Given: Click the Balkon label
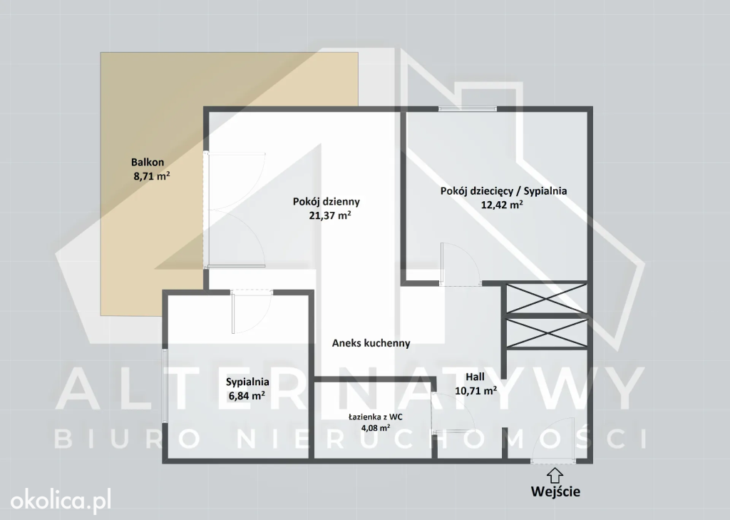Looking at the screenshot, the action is pyautogui.click(x=148, y=162).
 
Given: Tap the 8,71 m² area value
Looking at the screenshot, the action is pyautogui.click(x=152, y=176).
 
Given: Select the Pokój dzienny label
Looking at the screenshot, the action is pyautogui.click(x=327, y=202).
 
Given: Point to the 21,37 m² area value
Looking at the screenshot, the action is pyautogui.click(x=329, y=215).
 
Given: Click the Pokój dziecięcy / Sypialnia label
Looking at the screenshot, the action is pyautogui.click(x=504, y=191).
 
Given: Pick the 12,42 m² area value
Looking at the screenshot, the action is pyautogui.click(x=501, y=205).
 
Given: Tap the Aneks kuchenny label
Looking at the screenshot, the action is pyautogui.click(x=371, y=343).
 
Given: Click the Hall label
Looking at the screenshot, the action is pyautogui.click(x=475, y=377).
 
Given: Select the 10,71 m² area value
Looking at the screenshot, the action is pyautogui.click(x=475, y=390).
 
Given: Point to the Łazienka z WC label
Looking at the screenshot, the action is pyautogui.click(x=375, y=417).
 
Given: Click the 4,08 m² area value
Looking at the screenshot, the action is pyautogui.click(x=375, y=428).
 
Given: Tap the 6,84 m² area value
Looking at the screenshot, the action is pyautogui.click(x=247, y=396).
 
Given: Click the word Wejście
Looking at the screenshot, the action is pyautogui.click(x=555, y=491).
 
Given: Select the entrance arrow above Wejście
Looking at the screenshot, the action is pyautogui.click(x=555, y=476).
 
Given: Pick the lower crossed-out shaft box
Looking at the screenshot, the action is pyautogui.click(x=547, y=333).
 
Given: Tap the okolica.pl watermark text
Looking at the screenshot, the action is pyautogui.click(x=61, y=501).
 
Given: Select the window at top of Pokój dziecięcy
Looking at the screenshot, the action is pyautogui.click(x=468, y=109).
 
